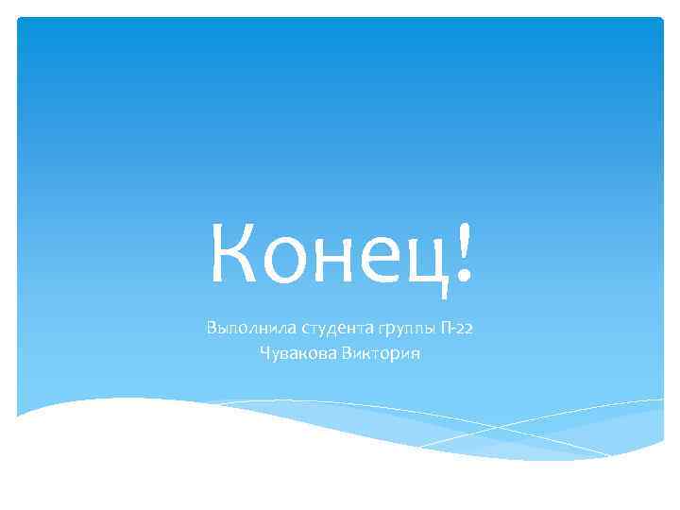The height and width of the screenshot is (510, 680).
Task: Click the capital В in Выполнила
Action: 211,329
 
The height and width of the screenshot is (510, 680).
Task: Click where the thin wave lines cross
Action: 496,427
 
